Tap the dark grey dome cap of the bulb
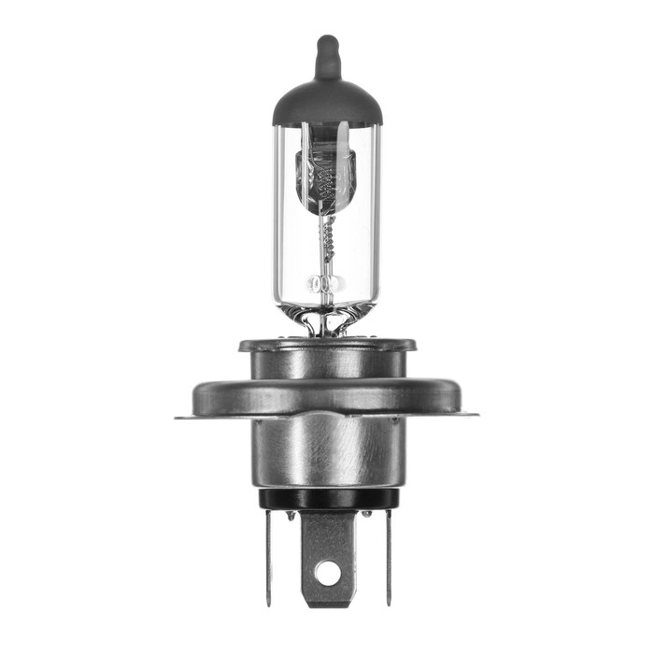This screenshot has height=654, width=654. point(327,103)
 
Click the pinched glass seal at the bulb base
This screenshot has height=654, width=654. point(326,322)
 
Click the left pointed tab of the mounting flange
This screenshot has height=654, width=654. point(183,415)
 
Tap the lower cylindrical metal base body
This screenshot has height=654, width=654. point(326,453)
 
